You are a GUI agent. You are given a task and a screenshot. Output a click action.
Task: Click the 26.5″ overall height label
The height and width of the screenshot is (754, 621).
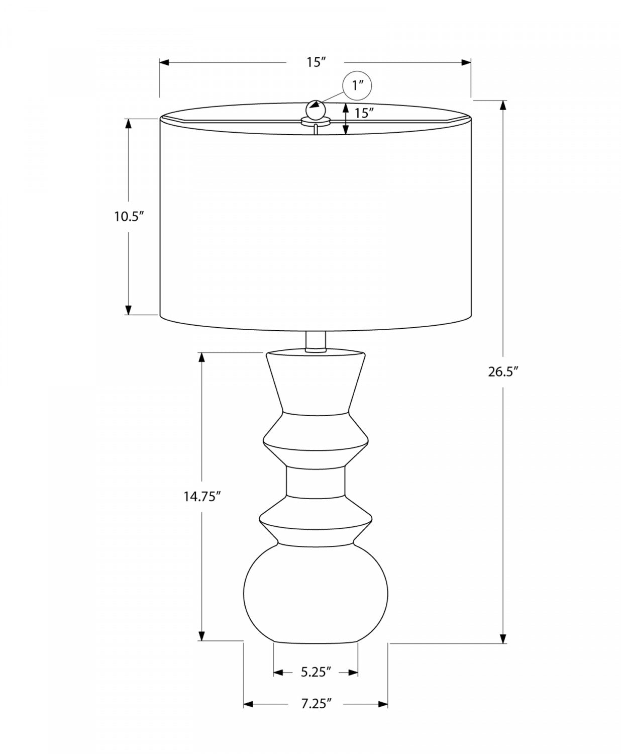tap(502, 372)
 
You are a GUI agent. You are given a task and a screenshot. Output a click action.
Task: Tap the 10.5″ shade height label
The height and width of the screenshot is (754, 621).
tap(129, 217)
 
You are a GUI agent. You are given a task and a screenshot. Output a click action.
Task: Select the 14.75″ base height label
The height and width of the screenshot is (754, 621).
tap(202, 497)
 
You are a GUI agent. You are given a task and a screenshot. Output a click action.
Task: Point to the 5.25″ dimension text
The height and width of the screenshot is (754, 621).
tap(316, 672)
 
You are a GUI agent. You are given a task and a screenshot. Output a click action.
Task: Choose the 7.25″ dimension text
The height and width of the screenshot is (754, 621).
tap(317, 704)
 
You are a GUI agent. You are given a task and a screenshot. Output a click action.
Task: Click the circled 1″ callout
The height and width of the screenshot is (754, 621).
tap(357, 85)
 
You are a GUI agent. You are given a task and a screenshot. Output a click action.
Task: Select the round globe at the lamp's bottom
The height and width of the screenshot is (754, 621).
tap(316, 593)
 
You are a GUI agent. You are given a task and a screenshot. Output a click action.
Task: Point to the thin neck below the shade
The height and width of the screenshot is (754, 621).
tap(316, 341)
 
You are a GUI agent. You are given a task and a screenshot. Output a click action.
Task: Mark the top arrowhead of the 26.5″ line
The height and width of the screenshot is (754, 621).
tap(502, 105)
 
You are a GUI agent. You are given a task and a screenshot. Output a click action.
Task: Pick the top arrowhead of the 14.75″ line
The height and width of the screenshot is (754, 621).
tap(202, 356)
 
